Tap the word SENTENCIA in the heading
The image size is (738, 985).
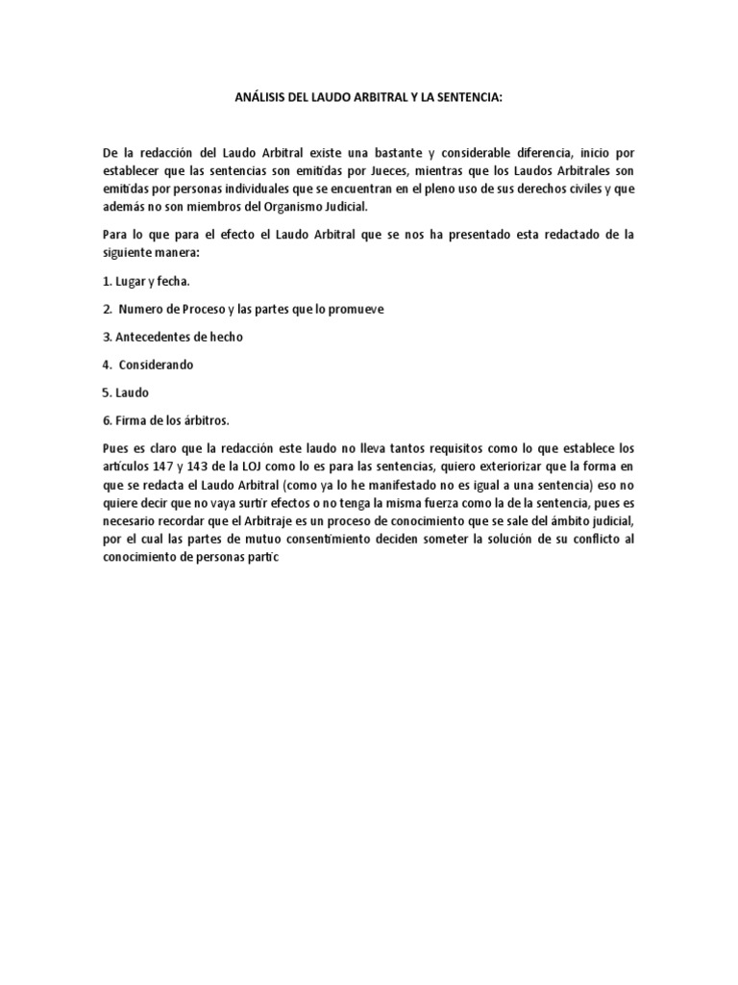coord(465,98)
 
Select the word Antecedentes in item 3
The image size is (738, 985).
coord(158,337)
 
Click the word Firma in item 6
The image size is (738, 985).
coord(129,420)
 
